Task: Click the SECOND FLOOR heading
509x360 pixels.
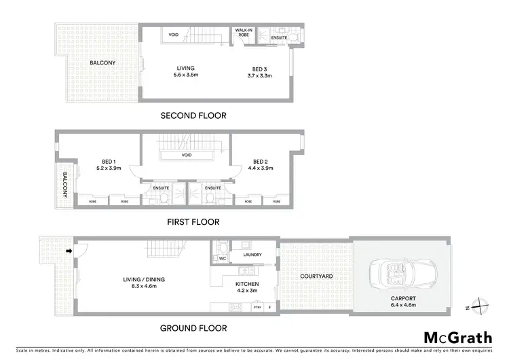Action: (x=193, y=115)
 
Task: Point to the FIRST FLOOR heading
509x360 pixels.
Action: (x=193, y=221)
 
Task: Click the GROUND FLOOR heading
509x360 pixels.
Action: (x=193, y=328)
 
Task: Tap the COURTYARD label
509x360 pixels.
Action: (x=316, y=276)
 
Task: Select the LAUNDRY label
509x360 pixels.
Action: (x=242, y=256)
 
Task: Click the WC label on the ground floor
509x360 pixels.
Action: (x=222, y=258)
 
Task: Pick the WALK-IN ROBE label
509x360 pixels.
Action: (x=244, y=33)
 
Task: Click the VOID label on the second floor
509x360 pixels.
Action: (x=174, y=35)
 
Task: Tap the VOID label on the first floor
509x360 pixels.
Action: (x=187, y=155)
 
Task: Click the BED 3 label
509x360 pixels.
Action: (x=258, y=69)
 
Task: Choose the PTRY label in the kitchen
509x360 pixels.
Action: (x=257, y=308)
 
